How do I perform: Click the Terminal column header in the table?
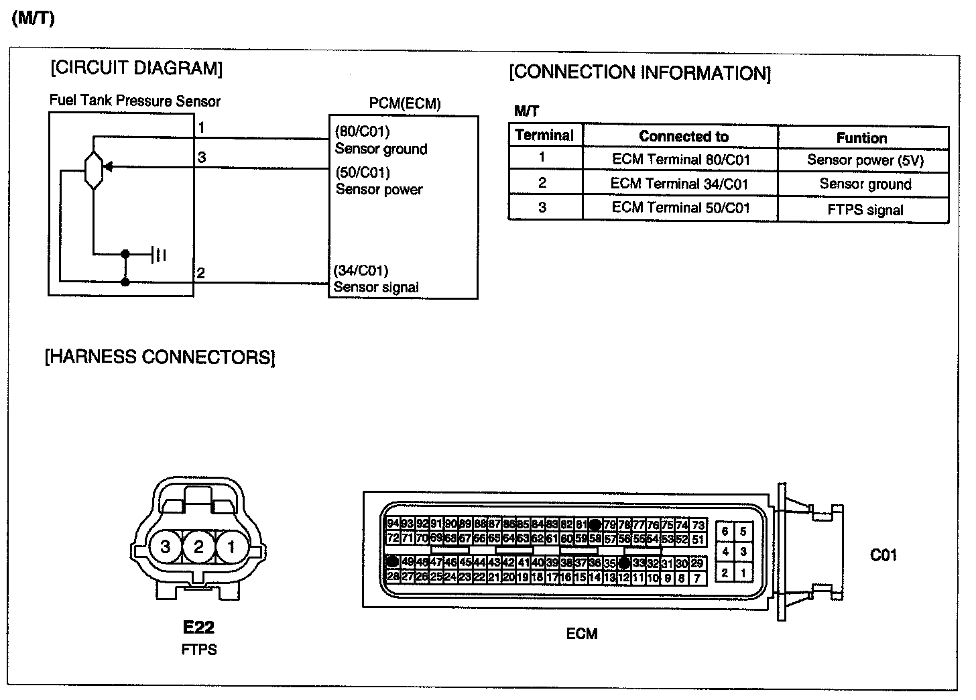(x=544, y=135)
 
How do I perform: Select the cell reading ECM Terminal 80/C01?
(x=680, y=160)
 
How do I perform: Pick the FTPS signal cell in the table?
(x=865, y=209)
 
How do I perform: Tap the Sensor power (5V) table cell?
(x=865, y=160)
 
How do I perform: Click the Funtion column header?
(x=861, y=137)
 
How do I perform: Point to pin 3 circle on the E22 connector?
(x=165, y=547)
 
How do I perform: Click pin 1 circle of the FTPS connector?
(x=231, y=547)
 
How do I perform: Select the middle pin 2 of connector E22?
(x=198, y=547)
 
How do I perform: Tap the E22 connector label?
(x=198, y=627)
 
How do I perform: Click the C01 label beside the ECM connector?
(x=883, y=555)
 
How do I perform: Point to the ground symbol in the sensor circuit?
(x=160, y=254)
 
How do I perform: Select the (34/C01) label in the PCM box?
(x=361, y=270)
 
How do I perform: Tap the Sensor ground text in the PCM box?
(x=381, y=149)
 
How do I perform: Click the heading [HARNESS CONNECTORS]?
(x=160, y=357)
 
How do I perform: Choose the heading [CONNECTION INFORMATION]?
(x=639, y=72)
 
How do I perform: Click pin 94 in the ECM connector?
(x=393, y=524)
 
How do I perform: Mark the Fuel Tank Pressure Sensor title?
(x=135, y=101)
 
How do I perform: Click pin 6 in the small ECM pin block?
(x=725, y=532)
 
